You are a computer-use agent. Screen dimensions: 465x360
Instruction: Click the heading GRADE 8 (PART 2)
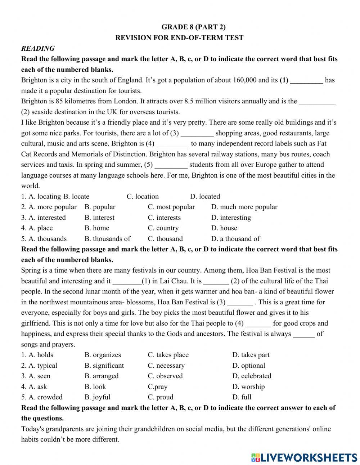point(193,27)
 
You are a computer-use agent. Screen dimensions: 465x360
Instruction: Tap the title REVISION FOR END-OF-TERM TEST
point(179,38)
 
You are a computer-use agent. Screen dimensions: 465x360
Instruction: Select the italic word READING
point(38,48)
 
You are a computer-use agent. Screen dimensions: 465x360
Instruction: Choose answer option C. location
point(143,197)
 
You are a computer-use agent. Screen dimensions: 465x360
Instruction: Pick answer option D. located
point(205,197)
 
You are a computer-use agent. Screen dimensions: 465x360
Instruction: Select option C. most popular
point(171,207)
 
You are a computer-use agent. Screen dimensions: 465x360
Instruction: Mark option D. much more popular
point(244,207)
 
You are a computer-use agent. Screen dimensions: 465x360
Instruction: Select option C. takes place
point(168,355)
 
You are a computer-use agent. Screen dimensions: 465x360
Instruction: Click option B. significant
point(104,366)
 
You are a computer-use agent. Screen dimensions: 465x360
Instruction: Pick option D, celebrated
point(252,376)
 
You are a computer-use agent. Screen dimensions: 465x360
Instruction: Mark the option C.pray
point(158,387)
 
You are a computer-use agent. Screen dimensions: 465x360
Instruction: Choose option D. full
point(242,397)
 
